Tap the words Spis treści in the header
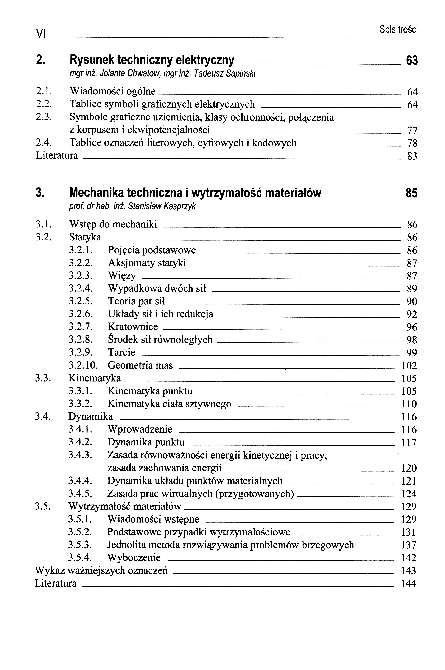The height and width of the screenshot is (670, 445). [x=398, y=30]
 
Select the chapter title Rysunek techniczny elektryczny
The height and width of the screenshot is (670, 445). [x=152, y=60]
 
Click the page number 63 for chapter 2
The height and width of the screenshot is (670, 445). [x=412, y=61]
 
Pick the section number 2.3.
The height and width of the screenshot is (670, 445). [x=44, y=117]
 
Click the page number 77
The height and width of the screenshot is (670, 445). [x=412, y=130]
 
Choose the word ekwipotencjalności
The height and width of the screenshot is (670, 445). [x=169, y=130]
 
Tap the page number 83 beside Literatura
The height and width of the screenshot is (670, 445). [x=412, y=156]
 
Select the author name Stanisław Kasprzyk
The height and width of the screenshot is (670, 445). [x=162, y=207]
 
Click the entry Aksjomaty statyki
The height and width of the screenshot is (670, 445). [x=147, y=263]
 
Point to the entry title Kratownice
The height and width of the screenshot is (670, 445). [x=133, y=327]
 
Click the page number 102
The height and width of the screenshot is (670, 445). [x=409, y=366]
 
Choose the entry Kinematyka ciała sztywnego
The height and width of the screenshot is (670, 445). [x=169, y=404]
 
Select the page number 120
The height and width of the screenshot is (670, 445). [x=409, y=468]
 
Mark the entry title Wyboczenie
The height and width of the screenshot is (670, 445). [x=134, y=558]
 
